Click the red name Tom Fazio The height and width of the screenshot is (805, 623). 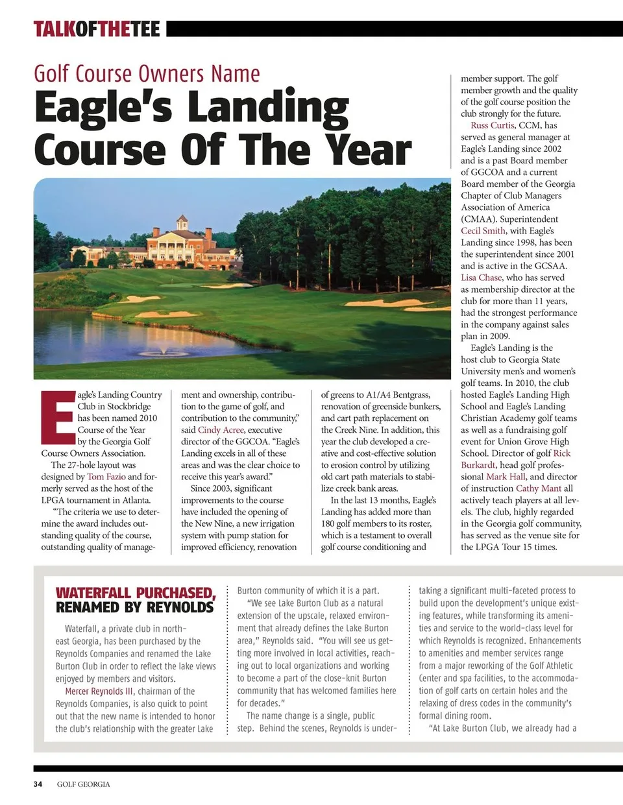106,477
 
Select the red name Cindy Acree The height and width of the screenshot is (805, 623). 221,430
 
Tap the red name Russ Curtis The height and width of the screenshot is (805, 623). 492,125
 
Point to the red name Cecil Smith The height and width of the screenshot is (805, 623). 483,231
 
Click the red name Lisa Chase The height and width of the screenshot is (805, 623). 482,278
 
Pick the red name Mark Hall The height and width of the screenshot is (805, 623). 506,477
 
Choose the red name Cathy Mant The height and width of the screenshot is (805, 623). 539,488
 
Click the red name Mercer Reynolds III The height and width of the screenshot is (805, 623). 97,691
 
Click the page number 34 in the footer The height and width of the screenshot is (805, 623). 38,784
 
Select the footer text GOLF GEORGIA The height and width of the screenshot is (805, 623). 83,784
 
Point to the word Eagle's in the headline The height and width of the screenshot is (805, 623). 103,108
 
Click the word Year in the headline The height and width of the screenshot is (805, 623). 369,150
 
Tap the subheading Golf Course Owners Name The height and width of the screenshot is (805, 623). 147,74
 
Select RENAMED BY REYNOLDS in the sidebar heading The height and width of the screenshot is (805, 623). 134,608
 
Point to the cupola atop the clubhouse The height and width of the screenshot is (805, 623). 182,221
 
